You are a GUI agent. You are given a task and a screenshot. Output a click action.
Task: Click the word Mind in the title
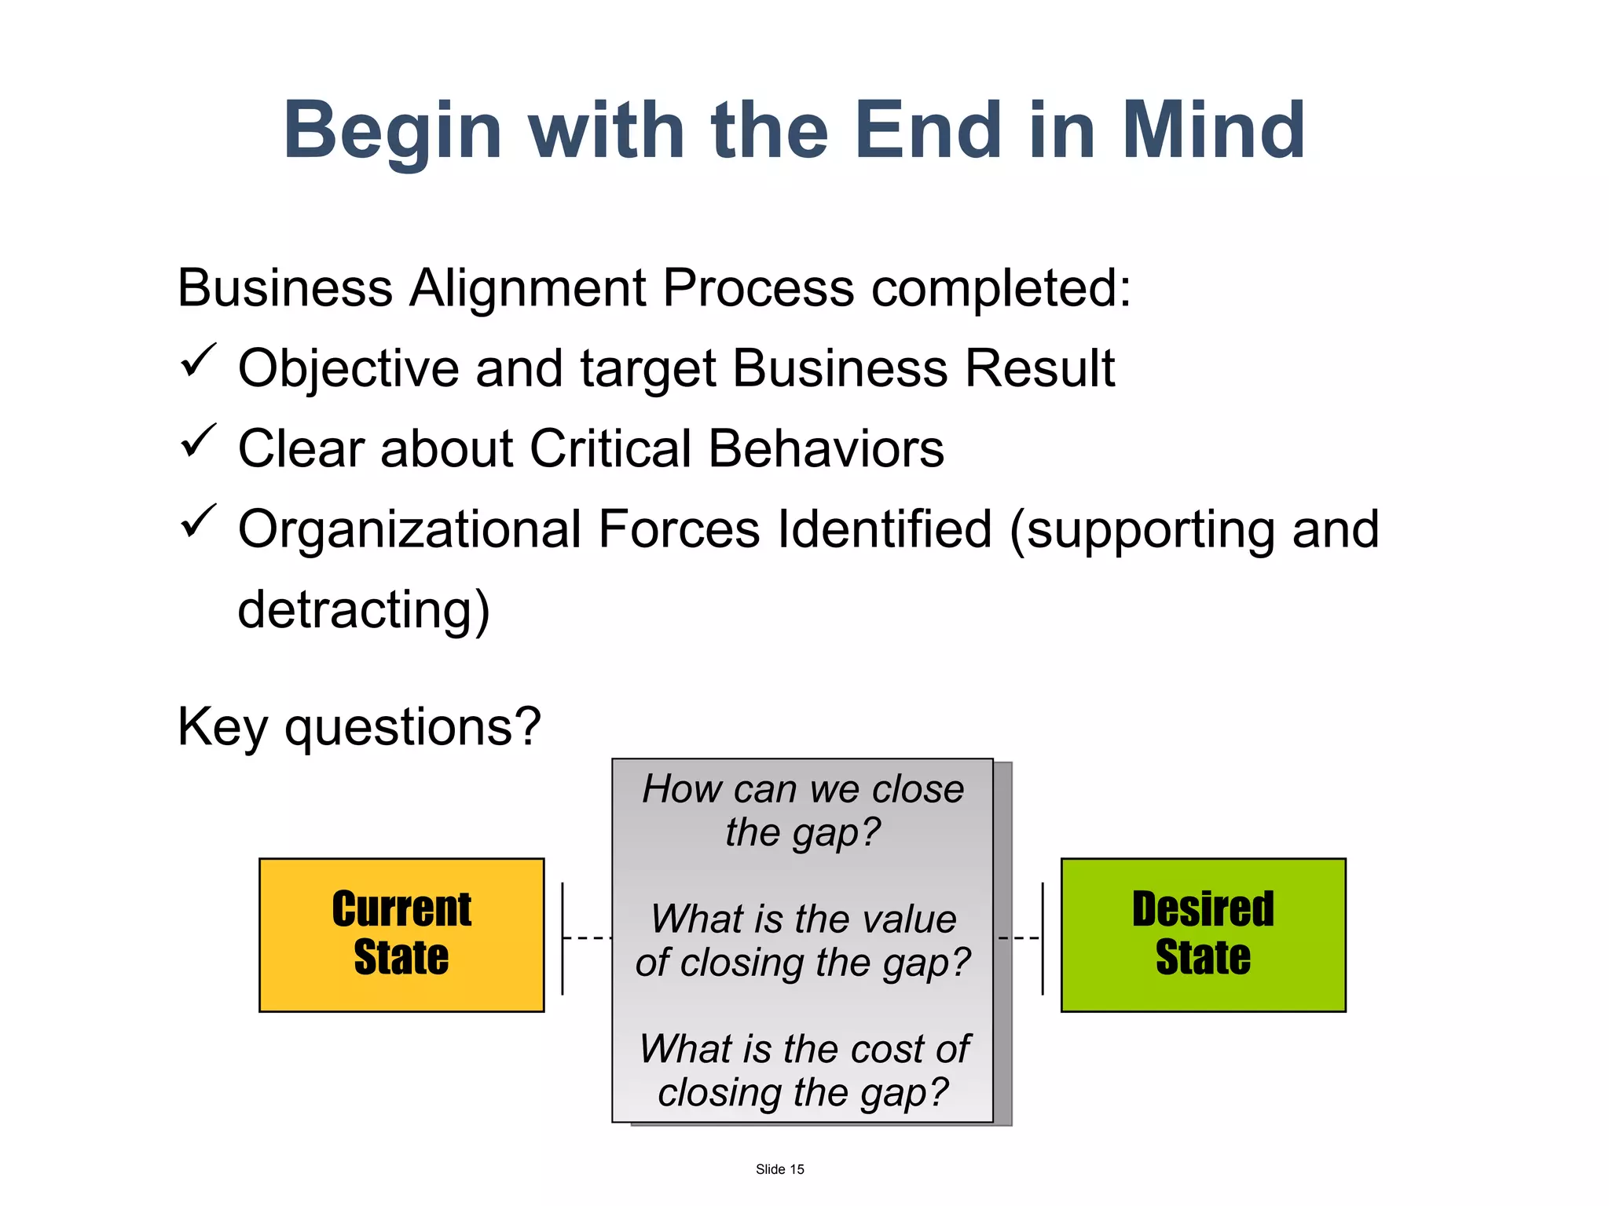pos(1213,130)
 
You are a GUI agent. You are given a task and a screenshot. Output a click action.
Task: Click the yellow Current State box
pos(401,934)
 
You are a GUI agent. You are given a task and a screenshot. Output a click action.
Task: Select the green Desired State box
pos(1203,934)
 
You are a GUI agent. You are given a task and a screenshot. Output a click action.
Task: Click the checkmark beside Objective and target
pos(197,360)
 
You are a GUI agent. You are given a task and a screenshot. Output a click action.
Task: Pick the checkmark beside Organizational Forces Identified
pos(197,521)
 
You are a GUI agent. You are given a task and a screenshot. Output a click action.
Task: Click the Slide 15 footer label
pos(779,1169)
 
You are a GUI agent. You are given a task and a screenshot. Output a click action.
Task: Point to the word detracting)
pos(364,611)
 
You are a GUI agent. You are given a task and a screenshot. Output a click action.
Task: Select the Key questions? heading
pos(359,726)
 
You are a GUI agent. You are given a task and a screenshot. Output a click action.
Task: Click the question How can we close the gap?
pos(802,810)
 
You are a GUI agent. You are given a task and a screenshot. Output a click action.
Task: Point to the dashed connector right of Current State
pos(587,937)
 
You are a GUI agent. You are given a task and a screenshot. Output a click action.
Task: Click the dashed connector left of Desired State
pos(1019,937)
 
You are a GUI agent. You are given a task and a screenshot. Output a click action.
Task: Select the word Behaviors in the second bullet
pos(826,449)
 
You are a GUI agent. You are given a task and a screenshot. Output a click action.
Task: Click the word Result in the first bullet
pos(1039,368)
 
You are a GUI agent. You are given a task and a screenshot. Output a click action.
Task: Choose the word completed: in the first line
pos(1001,289)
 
